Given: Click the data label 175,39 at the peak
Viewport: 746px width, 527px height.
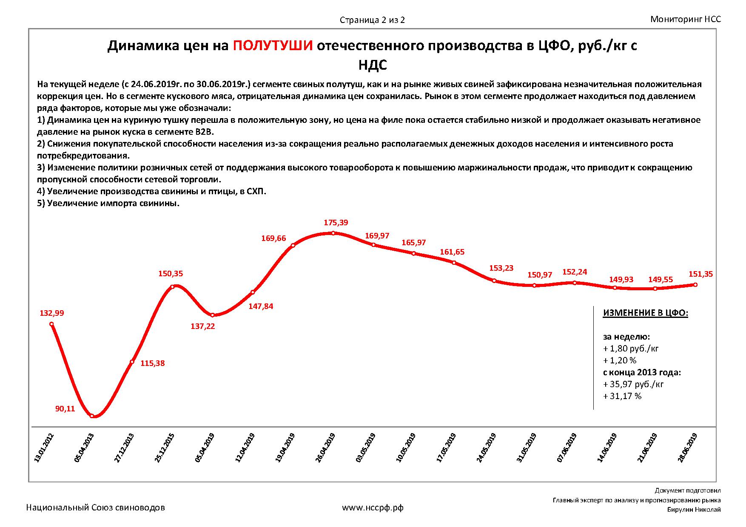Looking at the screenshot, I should (336, 223).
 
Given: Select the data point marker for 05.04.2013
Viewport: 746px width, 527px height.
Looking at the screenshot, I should (92, 416).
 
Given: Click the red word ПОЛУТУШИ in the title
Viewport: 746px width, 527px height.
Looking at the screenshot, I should (273, 45).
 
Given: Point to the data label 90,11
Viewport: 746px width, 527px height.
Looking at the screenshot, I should (65, 409).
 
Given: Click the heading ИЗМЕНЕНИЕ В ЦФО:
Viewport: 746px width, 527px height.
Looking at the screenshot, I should (645, 313).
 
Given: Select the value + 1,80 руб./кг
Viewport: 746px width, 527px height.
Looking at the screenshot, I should (631, 348).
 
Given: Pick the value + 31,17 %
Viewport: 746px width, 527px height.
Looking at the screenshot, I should (622, 396).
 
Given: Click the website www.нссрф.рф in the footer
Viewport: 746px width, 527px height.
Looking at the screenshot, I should (373, 507).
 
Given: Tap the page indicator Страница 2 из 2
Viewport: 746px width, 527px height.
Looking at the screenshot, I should (372, 20).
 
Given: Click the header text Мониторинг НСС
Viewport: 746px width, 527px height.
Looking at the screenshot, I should (686, 19).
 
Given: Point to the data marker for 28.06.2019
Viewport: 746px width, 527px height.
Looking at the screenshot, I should (695, 285).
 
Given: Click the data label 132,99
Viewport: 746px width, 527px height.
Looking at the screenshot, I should (52, 313).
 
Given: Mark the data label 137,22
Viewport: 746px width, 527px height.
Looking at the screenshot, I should (203, 326).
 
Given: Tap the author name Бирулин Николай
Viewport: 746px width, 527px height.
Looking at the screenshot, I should (694, 510).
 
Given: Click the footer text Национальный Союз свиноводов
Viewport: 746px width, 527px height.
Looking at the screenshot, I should (96, 507).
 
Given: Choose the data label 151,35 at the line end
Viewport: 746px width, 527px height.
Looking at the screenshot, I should (700, 275).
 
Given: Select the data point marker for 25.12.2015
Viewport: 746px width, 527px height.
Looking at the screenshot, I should (173, 286).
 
